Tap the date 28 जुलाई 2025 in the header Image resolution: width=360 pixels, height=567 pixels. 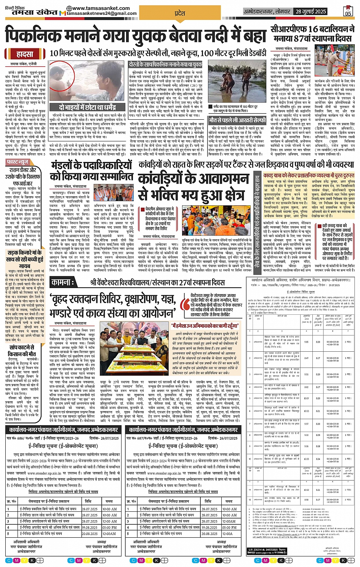(311, 11)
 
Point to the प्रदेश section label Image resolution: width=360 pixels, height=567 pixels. (179, 13)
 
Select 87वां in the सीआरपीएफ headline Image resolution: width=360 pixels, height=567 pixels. (296, 38)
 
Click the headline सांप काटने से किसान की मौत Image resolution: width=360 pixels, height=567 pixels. (22, 351)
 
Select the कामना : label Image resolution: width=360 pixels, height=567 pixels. (63, 282)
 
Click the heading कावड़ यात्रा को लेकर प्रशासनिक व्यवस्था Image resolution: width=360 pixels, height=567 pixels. (309, 175)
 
